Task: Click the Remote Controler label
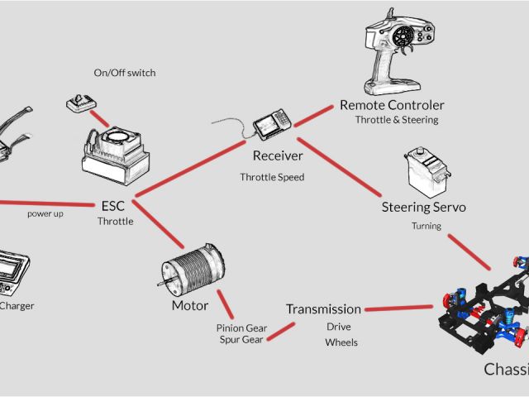(392, 105)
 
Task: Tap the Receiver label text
(278, 155)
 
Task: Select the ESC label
(112, 205)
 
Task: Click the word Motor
(190, 305)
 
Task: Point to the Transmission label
(323, 309)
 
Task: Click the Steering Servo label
(423, 207)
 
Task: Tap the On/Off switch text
(125, 73)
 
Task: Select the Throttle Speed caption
(272, 177)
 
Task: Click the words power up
(45, 213)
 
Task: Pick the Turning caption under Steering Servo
(427, 226)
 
